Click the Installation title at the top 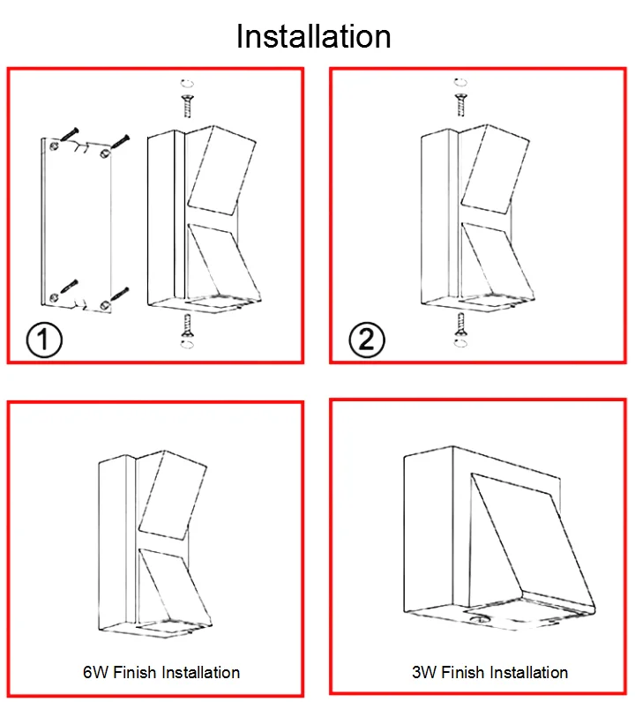[314, 36]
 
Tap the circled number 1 [41, 340]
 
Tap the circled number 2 [367, 340]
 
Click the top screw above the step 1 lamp [188, 104]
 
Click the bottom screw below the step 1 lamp [188, 327]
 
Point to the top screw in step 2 [459, 102]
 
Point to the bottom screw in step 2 [459, 327]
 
